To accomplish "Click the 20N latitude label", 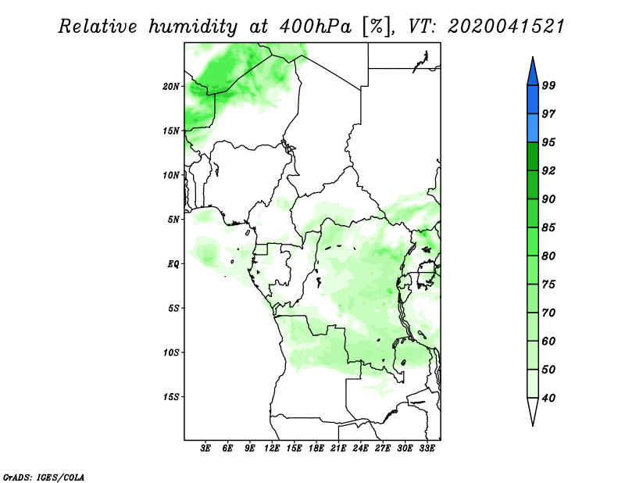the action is (x=171, y=87).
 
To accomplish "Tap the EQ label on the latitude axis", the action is (x=173, y=264).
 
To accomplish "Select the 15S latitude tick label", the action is (x=171, y=397).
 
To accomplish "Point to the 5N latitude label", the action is (x=173, y=220).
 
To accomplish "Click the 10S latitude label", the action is (x=171, y=352).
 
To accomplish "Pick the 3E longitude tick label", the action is (x=205, y=449).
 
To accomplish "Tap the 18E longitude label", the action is (x=316, y=449).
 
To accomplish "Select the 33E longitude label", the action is (x=427, y=449).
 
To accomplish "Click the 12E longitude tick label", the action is (x=272, y=449).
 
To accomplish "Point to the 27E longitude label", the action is (x=383, y=449).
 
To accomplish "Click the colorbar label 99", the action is (x=548, y=85).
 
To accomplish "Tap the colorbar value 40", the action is (x=548, y=398).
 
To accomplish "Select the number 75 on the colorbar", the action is (x=548, y=284).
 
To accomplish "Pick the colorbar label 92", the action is (x=548, y=170).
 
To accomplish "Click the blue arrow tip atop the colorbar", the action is (x=533, y=57).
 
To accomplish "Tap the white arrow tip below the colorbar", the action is (x=533, y=425).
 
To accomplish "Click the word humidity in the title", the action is (x=193, y=27).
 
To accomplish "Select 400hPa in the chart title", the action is (x=316, y=27).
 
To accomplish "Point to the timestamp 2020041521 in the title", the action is (x=506, y=27).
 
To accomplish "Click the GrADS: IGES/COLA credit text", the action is (x=44, y=477).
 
